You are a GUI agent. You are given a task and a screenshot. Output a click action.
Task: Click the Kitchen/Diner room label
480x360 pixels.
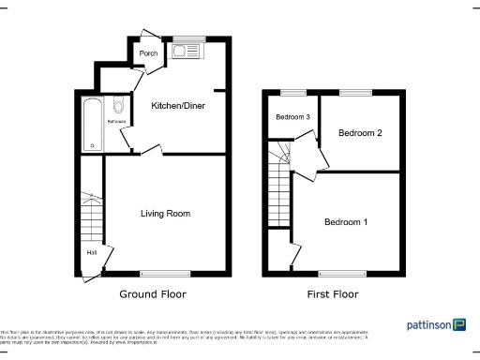click(x=178, y=106)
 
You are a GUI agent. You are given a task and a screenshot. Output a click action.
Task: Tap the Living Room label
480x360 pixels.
click(x=165, y=214)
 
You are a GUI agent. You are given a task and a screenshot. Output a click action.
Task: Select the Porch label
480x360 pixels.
click(x=148, y=54)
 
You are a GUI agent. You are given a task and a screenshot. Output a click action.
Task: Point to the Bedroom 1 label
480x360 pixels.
click(x=346, y=222)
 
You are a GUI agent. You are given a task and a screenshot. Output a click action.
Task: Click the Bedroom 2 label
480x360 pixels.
click(x=360, y=133)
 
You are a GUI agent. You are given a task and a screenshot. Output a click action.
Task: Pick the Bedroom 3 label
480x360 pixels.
click(x=292, y=117)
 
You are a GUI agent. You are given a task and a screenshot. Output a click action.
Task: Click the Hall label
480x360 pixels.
click(x=92, y=252)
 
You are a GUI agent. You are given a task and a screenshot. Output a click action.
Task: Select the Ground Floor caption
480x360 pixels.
click(x=152, y=294)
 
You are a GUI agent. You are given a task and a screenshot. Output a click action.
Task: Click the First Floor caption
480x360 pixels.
click(x=333, y=294)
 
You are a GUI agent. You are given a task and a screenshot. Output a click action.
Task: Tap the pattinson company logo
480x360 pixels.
click(x=436, y=324)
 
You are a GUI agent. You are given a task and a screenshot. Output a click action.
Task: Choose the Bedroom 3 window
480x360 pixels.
click(x=292, y=93)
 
